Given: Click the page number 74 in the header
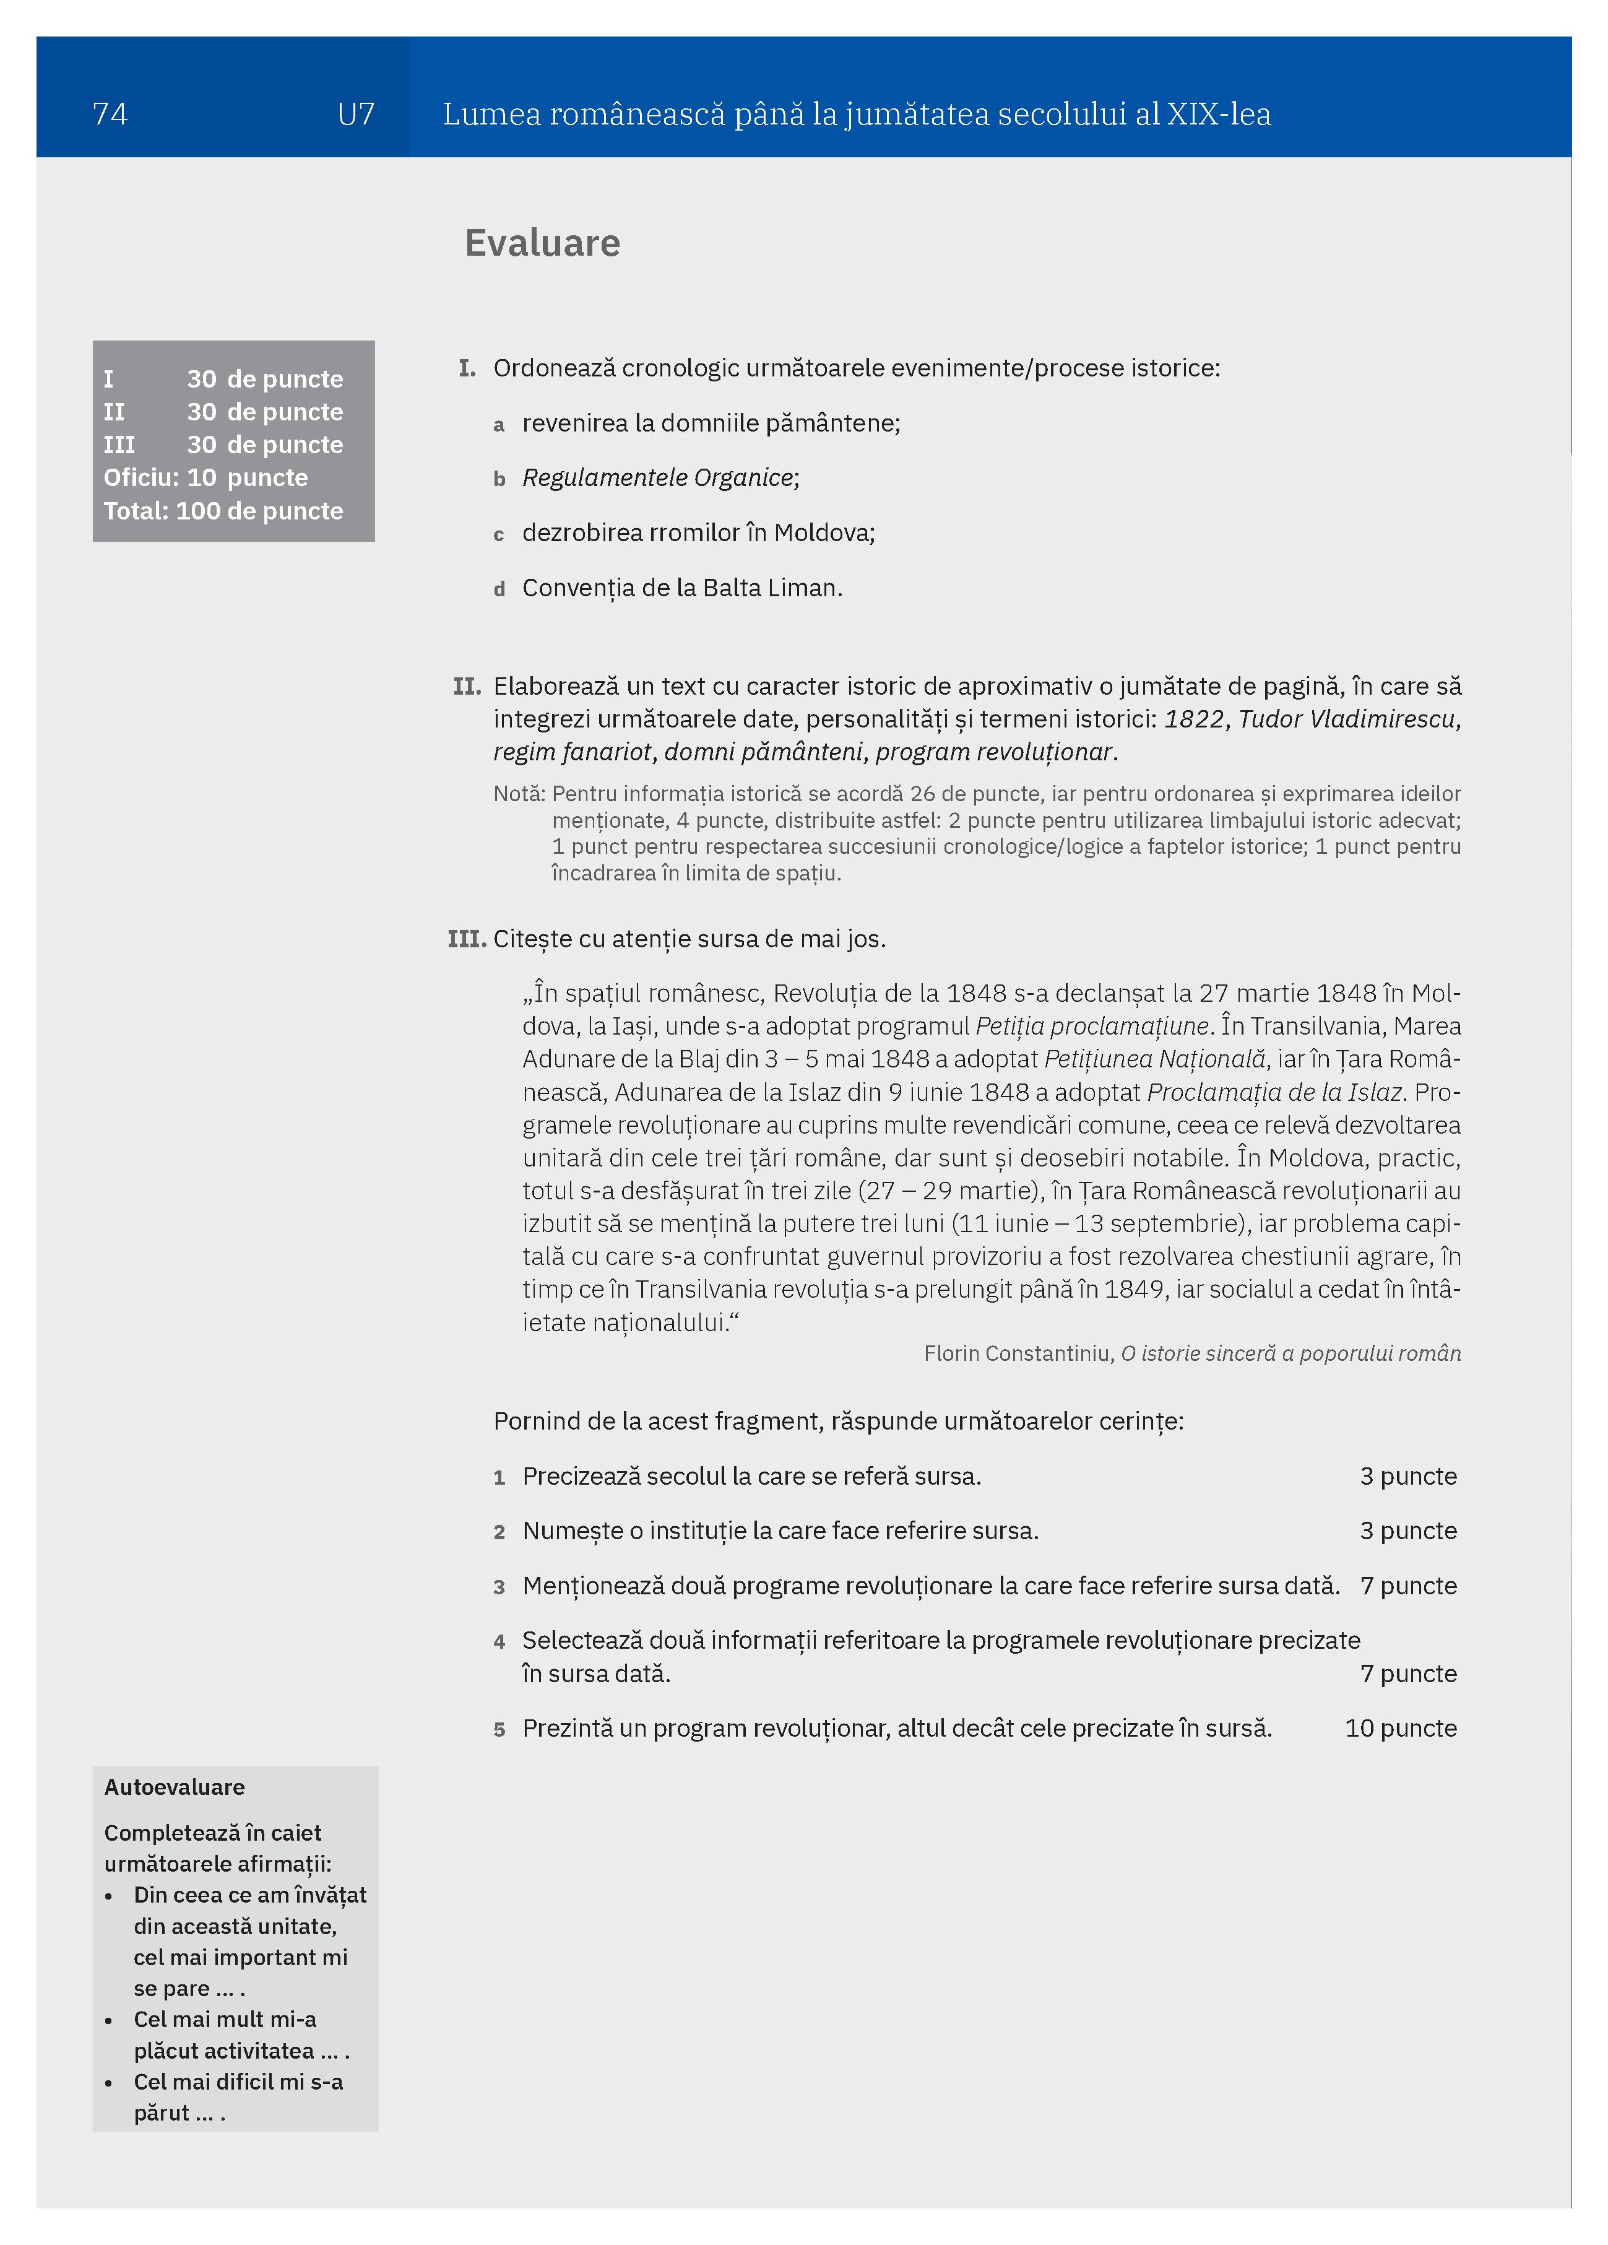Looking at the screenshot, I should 110,115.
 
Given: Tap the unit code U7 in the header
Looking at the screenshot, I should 355,115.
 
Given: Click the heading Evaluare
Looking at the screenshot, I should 542,243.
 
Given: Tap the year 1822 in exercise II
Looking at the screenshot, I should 1193,719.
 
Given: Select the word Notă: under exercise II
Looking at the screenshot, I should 519,794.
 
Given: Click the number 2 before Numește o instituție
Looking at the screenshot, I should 499,1532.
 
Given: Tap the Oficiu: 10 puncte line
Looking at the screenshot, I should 206,478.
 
